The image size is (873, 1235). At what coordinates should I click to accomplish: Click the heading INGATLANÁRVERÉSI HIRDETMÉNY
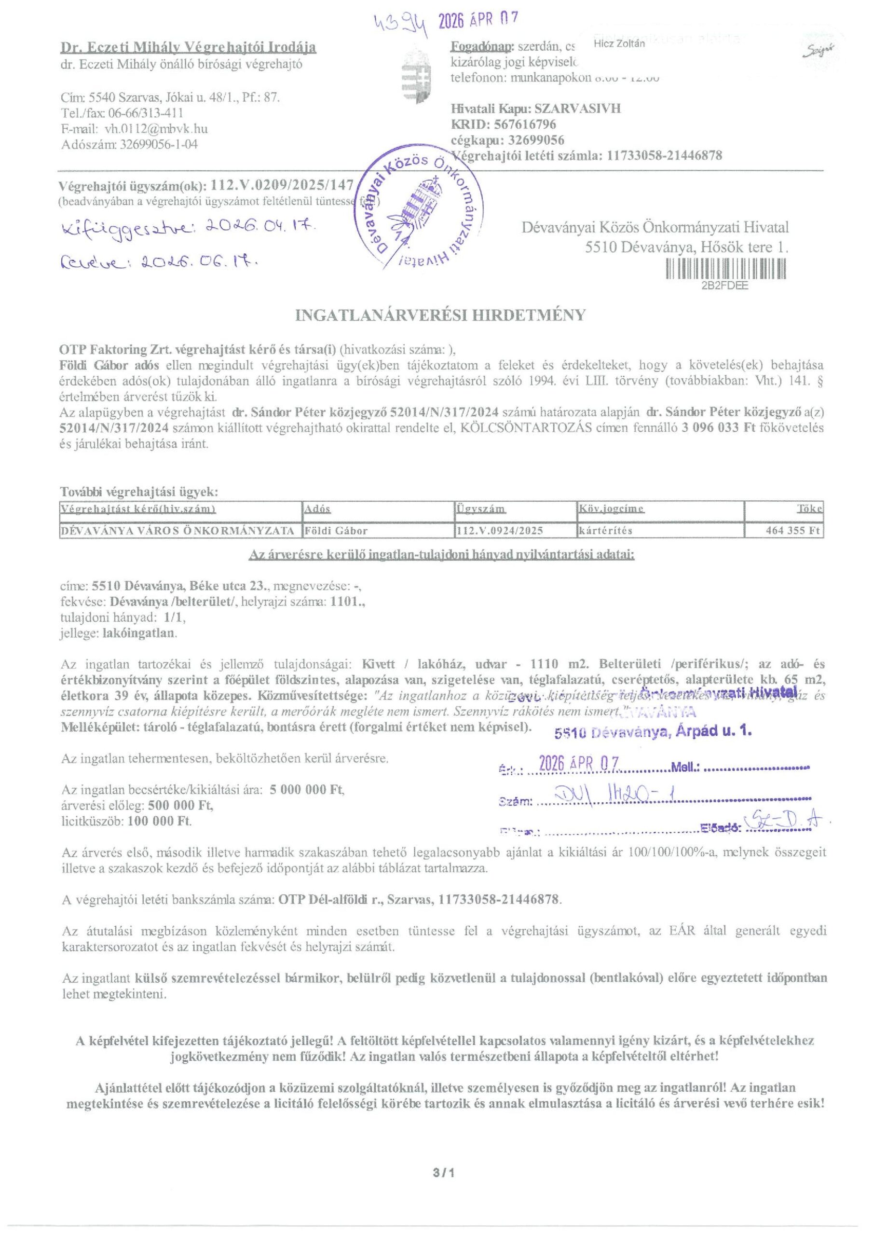tap(440, 315)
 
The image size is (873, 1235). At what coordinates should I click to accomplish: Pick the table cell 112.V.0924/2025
tap(499, 530)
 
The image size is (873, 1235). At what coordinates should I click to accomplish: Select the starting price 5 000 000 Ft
tap(307, 790)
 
